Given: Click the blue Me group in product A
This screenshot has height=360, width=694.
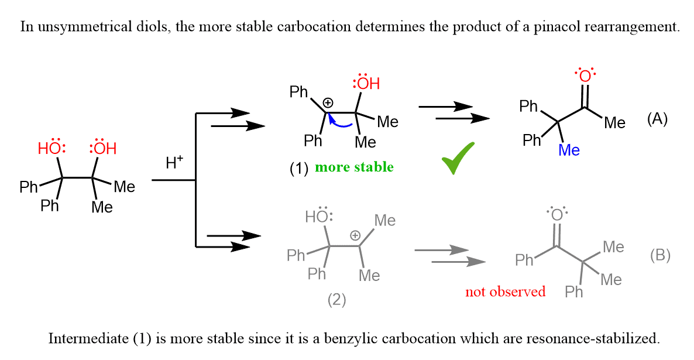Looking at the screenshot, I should (x=569, y=150).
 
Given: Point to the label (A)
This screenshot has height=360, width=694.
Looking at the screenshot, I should (x=657, y=119).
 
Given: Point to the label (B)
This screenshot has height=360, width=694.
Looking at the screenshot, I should (x=660, y=255).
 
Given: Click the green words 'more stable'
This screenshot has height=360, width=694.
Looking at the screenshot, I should (x=355, y=167).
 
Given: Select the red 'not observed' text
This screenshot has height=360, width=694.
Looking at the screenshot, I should (x=505, y=292).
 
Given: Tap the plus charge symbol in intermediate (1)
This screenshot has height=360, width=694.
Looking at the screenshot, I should (x=328, y=102).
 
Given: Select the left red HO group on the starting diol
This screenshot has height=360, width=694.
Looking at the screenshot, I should (x=50, y=148).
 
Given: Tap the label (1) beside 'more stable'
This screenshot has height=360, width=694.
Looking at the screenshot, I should (x=299, y=168).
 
